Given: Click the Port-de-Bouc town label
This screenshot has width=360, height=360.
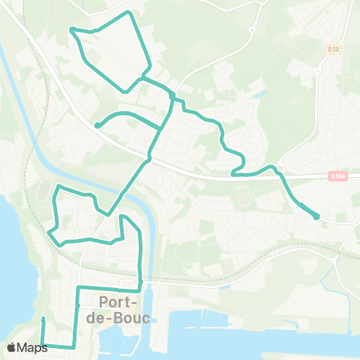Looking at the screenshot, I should pyautogui.click(x=124, y=309).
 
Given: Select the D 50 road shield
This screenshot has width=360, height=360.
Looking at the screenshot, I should pyautogui.click(x=333, y=49).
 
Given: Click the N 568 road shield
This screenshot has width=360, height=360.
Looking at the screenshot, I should pyautogui.click(x=339, y=176).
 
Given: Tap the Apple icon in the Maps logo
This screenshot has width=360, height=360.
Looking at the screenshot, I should pyautogui.click(x=12, y=347).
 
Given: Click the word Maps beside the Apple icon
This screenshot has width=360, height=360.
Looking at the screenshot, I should pyautogui.click(x=33, y=347).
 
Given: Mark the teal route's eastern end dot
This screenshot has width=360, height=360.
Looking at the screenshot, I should pyautogui.click(x=316, y=217).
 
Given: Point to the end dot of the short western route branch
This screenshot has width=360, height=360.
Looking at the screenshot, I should pyautogui.click(x=97, y=125).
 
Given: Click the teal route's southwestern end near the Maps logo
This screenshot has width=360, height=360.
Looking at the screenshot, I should pyautogui.click(x=43, y=319).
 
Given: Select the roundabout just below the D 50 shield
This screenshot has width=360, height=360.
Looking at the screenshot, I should pyautogui.click(x=318, y=72).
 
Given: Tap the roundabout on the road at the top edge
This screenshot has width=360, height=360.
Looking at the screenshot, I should pyautogui.click(x=253, y=30).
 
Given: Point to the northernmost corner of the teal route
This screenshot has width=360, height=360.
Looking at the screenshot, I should pyautogui.click(x=130, y=13).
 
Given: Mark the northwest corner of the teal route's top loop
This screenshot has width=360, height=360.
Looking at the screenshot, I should pyautogui.click(x=72, y=28).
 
